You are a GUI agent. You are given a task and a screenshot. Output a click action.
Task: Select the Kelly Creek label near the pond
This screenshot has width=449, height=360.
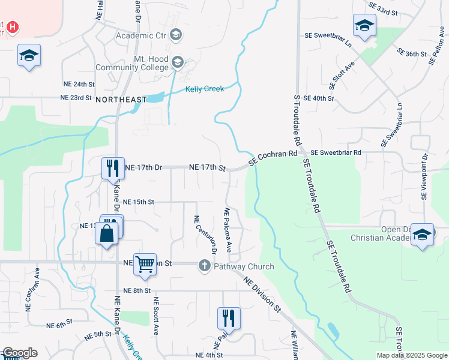204,89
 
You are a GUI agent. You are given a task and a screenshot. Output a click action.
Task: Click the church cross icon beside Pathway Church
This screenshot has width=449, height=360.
204,266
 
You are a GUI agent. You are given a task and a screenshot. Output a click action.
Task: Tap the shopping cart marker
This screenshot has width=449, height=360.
145,263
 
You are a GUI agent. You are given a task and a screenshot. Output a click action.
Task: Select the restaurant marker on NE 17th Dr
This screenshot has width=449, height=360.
112,169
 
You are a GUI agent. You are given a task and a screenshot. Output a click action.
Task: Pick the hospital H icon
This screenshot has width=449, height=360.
13,28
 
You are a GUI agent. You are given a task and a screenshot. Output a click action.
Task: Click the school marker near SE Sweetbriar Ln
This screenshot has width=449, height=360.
364,26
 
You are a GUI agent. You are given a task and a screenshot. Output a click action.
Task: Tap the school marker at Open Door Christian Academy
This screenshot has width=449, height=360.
422,235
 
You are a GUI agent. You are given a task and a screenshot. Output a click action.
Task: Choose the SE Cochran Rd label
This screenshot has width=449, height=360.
273,157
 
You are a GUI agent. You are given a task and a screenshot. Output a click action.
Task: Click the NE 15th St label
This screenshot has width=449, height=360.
139,202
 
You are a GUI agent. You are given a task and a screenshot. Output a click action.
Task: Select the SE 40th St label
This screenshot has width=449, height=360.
318,98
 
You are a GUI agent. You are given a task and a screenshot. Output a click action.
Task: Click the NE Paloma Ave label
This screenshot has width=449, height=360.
228,230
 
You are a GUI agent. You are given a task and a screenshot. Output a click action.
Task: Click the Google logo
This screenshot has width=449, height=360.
19,353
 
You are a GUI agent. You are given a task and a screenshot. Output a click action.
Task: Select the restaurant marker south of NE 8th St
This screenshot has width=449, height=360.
229,318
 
